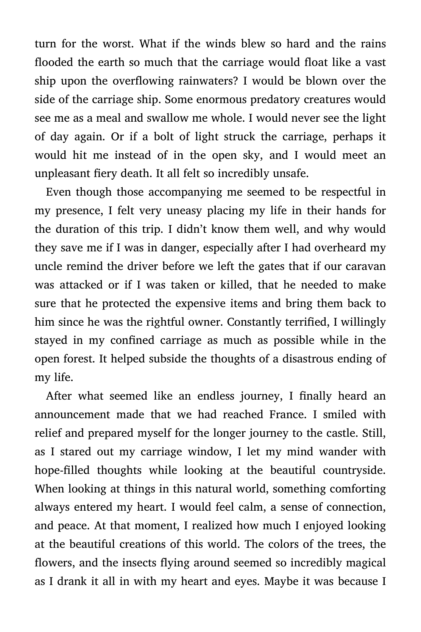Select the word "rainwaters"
(x=207, y=81)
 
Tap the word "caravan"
(x=365, y=266)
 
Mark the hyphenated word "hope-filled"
(x=62, y=470)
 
